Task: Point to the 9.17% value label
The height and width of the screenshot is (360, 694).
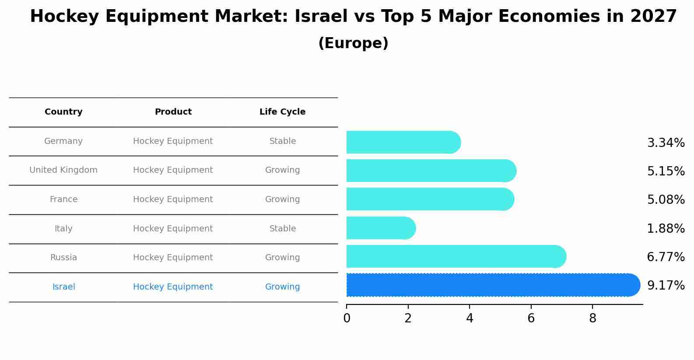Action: (x=666, y=286)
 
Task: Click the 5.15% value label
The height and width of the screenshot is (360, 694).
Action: (x=666, y=171)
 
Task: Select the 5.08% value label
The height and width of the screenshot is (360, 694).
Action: (x=666, y=200)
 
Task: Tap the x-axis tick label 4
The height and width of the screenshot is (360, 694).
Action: (x=470, y=318)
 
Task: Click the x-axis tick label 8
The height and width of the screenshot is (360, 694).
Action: (x=592, y=318)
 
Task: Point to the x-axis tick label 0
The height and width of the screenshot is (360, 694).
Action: (x=347, y=318)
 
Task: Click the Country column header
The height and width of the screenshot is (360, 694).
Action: (x=63, y=112)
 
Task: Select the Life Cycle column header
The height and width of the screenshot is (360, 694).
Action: (x=282, y=112)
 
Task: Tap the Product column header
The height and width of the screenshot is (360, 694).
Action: (x=173, y=112)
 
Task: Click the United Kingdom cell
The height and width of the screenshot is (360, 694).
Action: (x=63, y=170)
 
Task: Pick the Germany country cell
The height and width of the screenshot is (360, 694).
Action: (x=63, y=141)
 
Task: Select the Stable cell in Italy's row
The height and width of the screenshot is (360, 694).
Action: (x=282, y=229)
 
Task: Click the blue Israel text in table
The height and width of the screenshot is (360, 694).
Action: (x=63, y=287)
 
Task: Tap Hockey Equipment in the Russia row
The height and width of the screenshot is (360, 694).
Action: (x=173, y=258)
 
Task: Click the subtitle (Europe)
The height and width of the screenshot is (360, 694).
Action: (x=353, y=43)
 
